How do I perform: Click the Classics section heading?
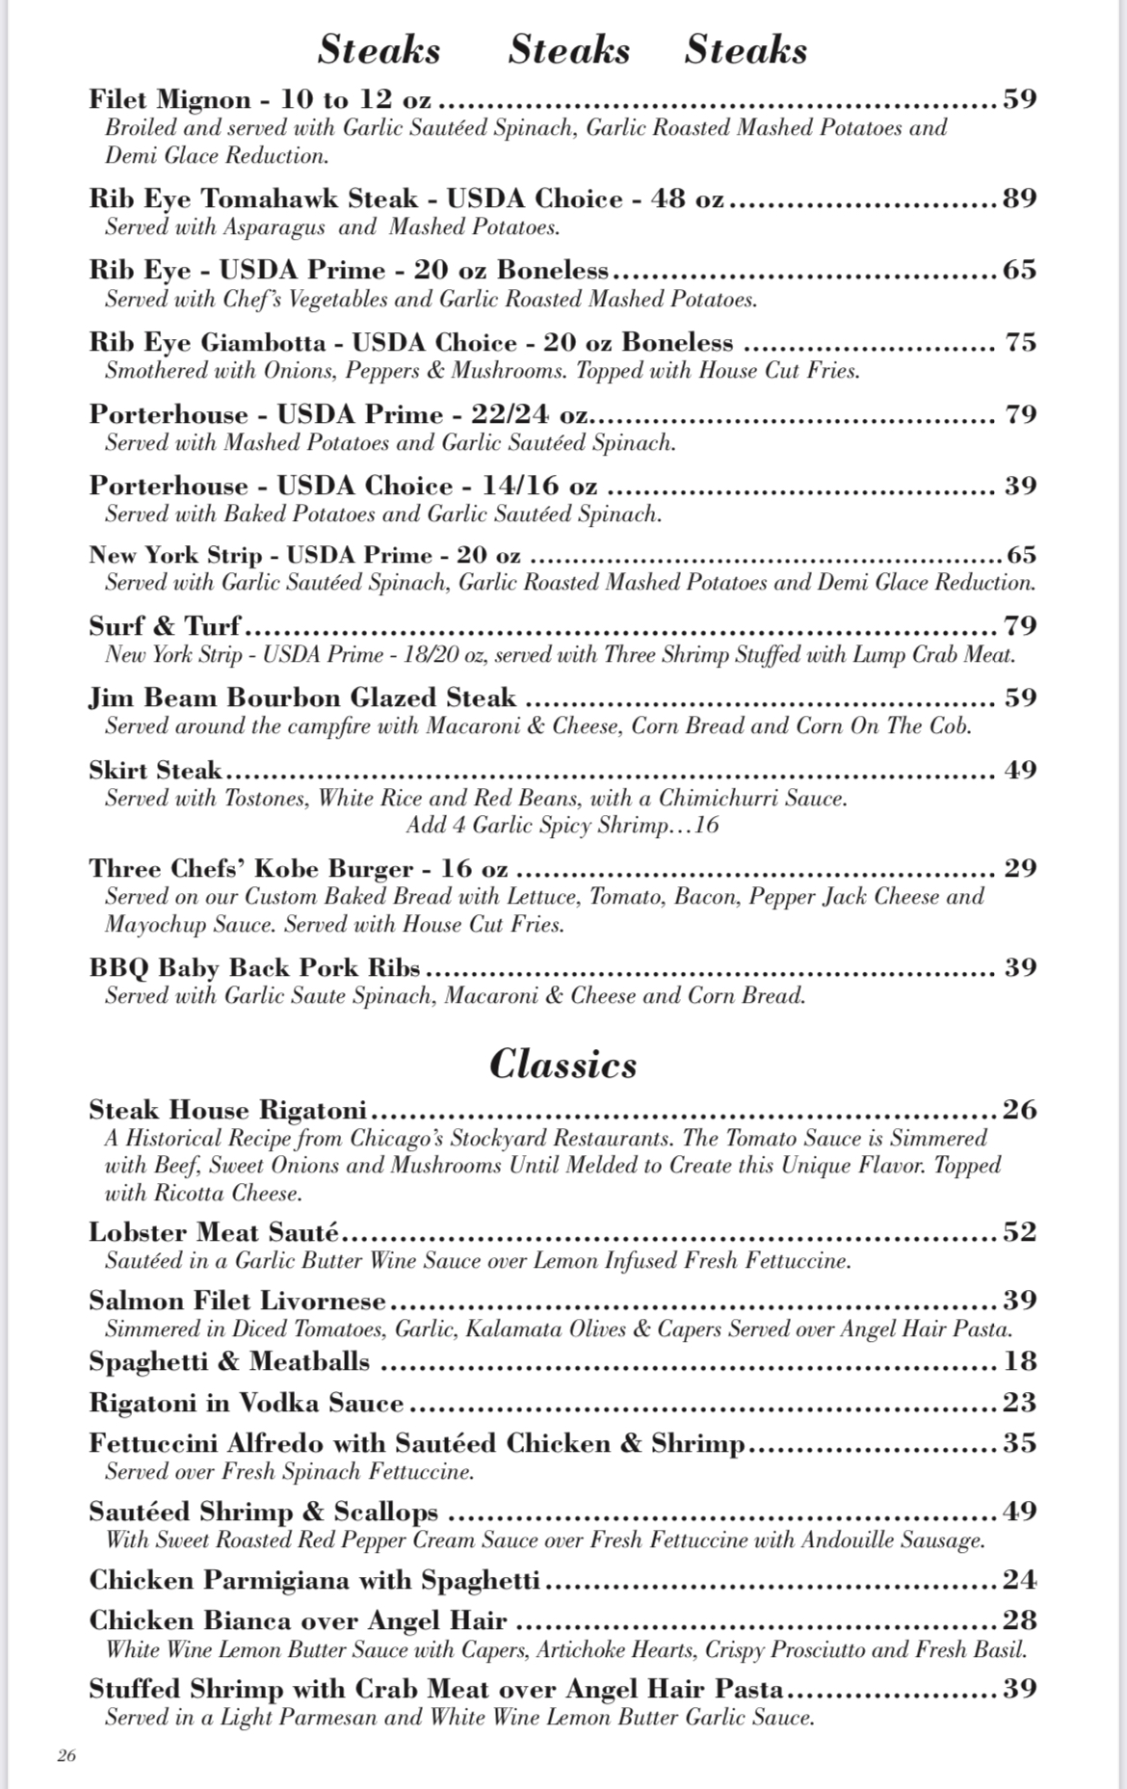(563, 1064)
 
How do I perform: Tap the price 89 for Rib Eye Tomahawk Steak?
(1020, 198)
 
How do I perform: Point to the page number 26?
(66, 1755)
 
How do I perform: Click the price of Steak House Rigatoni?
(1020, 1110)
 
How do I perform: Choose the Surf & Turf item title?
(165, 626)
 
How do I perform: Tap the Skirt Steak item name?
(155, 770)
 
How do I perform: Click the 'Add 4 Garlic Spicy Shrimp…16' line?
(563, 826)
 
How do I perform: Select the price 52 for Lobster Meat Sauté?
(1020, 1232)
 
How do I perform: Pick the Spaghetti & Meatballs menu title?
(229, 1361)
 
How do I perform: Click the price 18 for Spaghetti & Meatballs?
(1020, 1361)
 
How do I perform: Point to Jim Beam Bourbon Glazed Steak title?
(302, 697)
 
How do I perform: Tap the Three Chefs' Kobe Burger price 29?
(1020, 868)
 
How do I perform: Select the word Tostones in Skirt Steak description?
(265, 798)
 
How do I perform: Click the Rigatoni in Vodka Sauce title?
(246, 1403)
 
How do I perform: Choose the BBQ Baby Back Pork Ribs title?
(254, 967)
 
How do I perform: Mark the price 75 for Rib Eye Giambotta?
(1020, 342)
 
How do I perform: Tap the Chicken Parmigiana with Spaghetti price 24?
(1020, 1580)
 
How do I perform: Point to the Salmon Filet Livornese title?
(237, 1301)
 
